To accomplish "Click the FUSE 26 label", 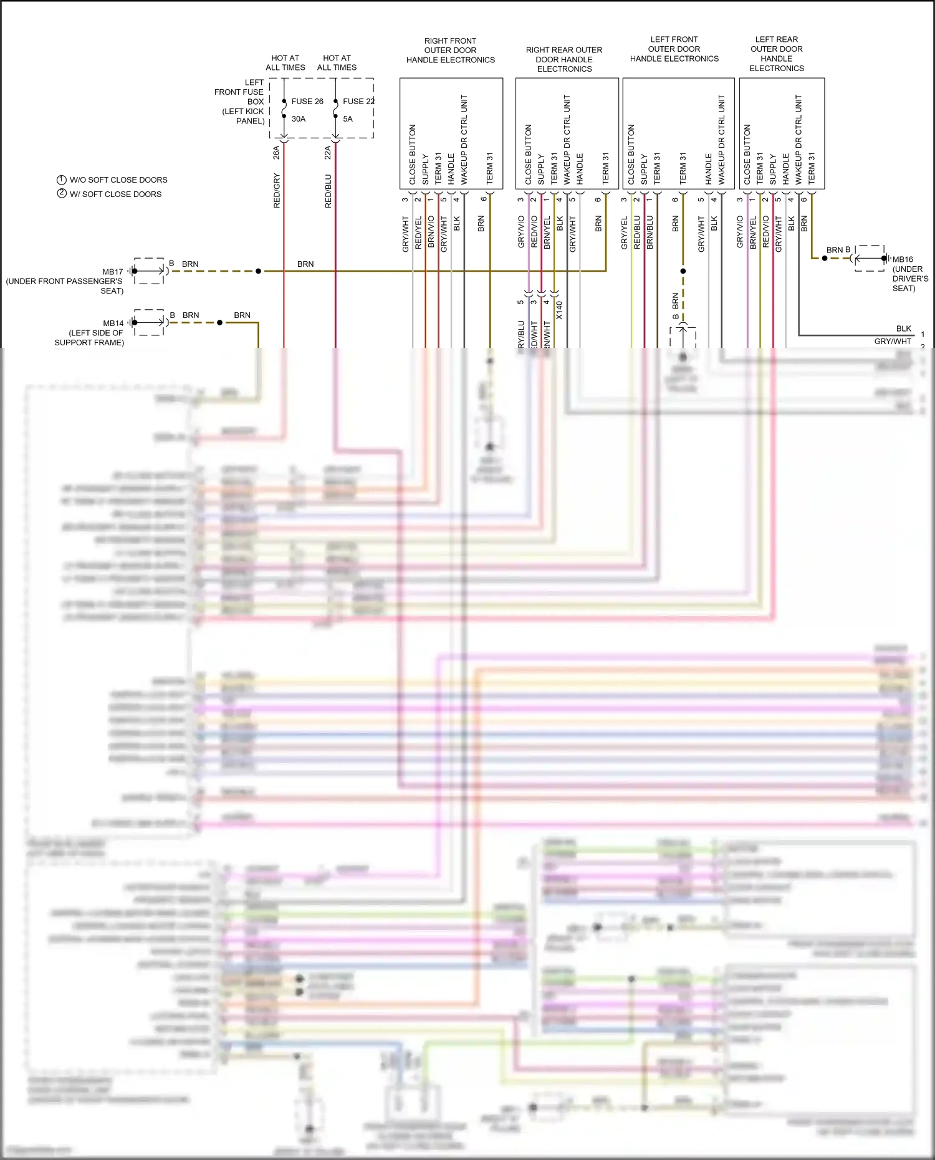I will (307, 101).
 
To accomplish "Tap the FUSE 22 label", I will (358, 101).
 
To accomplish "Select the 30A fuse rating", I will (299, 118).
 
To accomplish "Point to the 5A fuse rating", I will (348, 118).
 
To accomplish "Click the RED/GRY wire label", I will (277, 191).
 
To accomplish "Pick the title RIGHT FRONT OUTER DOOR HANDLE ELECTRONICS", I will (451, 50).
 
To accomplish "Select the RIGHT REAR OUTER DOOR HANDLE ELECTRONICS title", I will (564, 59).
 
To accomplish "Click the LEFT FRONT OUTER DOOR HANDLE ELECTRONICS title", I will (674, 49).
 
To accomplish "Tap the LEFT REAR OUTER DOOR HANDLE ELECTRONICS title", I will (777, 54).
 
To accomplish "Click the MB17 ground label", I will (113, 272).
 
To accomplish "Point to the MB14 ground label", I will (113, 323).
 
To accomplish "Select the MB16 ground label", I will (903, 259).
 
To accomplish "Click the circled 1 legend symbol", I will (62, 180).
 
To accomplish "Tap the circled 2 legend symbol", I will (62, 193).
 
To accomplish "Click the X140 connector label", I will (559, 310).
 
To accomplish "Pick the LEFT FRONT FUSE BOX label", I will (239, 101).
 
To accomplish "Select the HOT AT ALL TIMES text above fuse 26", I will (285, 62).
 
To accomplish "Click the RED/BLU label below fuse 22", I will (328, 191).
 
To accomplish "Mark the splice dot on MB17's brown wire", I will (258, 271).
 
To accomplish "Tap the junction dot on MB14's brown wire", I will (219, 322).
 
